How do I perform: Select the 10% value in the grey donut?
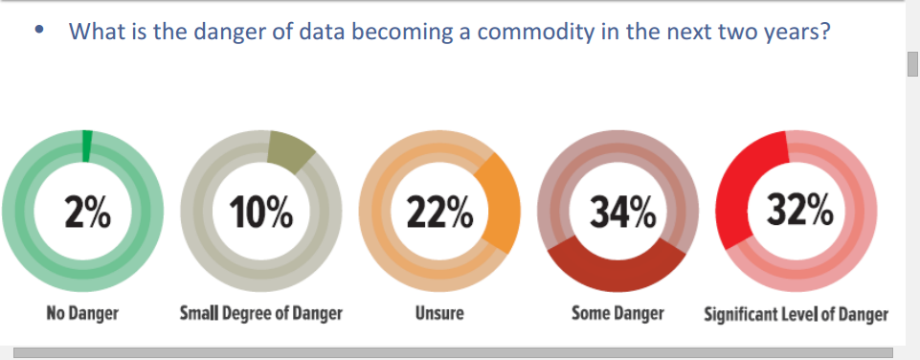coord(262,212)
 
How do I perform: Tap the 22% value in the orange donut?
coord(440,212)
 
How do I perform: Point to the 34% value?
coord(622,212)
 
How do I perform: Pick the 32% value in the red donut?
coord(799,211)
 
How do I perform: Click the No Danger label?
coord(82,313)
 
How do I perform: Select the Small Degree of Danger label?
coord(261,313)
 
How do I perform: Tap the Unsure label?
coord(439,313)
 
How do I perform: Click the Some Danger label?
coord(617,313)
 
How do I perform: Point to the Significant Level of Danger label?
coord(797,314)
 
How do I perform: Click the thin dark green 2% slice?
coord(87,146)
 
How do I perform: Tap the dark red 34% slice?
coord(617,267)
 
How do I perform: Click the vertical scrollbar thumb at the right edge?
coord(912,64)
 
